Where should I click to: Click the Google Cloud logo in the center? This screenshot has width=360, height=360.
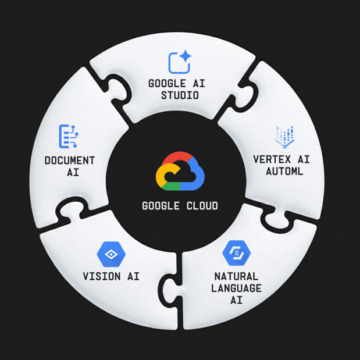pos(180,172)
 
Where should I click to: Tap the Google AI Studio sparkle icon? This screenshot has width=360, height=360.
pos(180,62)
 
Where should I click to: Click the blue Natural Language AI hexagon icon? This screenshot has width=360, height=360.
pos(236,254)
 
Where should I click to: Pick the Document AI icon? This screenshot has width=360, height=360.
pos(69,136)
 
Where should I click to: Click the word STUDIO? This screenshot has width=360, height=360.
pos(180,95)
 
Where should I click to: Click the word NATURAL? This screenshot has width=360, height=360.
pos(237,277)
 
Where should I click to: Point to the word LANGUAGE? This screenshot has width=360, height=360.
pos(237,288)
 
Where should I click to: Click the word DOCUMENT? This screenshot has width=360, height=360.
pos(69,161)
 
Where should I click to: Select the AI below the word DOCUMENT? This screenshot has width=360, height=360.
pos(69,173)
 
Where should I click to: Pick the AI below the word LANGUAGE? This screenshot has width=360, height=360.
pos(237,301)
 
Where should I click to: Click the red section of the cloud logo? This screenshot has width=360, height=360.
pos(180,159)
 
